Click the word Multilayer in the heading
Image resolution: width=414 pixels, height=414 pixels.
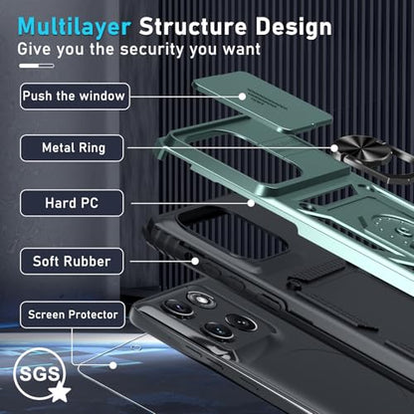pos(75,27)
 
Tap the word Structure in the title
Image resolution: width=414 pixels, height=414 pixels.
pos(193,26)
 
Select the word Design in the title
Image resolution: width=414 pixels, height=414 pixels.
pos(294,27)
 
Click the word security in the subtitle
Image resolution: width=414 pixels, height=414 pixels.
pos(152,50)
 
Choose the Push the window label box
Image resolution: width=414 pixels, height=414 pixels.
pos(75,97)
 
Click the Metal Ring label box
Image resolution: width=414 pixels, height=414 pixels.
pos(72,148)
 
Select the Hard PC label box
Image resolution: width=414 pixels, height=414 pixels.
pos(72,203)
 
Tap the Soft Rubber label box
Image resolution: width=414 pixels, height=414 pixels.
pos(72,262)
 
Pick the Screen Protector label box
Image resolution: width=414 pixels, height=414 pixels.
pos(73,314)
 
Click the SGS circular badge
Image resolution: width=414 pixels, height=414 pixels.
pos(39,374)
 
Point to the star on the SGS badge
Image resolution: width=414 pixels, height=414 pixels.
pos(60,391)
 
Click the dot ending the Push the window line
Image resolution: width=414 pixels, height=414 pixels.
pos(243,97)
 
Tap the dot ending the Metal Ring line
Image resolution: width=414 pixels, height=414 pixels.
pos(334,148)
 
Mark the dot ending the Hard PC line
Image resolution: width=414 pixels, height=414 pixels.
pos(251,203)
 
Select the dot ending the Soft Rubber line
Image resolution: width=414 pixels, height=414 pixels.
pos(195,262)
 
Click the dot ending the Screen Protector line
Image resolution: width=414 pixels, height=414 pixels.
pos(113,365)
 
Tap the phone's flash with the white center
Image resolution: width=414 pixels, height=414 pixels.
pos(201,300)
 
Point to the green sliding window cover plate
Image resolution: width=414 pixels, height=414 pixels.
pos(263,102)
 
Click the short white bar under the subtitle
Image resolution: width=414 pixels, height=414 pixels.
pos(37,66)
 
